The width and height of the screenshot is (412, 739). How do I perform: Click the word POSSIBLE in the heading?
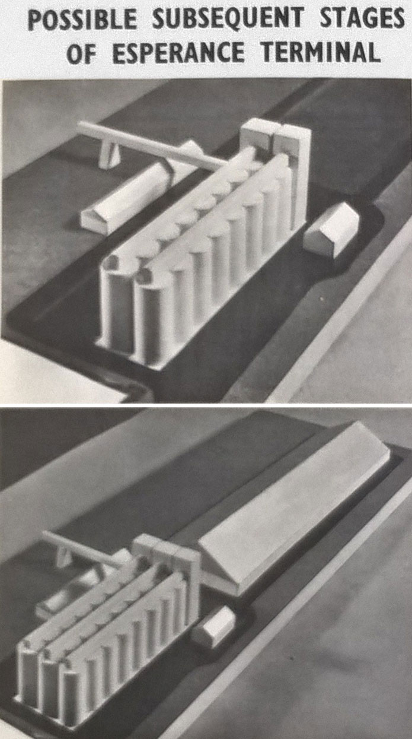pos(82,19)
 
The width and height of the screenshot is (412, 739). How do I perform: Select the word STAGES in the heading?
pos(362,18)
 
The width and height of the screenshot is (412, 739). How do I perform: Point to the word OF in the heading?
pos(81,53)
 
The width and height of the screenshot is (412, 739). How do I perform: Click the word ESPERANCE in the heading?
pos(178,53)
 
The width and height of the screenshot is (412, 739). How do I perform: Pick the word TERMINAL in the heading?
pos(321,52)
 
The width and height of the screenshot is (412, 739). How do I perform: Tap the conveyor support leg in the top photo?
pos(108,153)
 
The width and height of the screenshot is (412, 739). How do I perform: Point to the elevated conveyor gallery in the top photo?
pos(148,144)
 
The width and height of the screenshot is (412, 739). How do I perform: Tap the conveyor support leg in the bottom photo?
pos(63,557)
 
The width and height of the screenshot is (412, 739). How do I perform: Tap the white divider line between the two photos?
pos(206,405)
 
